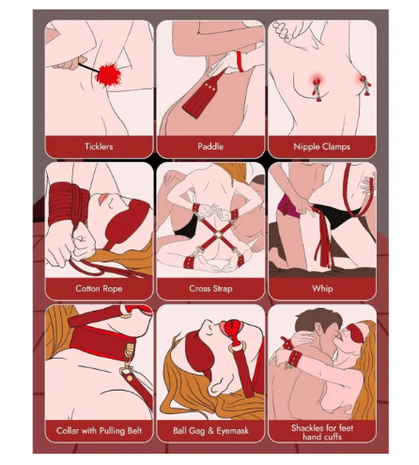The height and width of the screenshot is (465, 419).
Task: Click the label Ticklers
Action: pos(99,147)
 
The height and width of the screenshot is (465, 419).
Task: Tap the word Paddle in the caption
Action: pos(210,147)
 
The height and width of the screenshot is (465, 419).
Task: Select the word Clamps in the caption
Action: pos(335,147)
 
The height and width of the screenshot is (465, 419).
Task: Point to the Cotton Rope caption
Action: pos(99,289)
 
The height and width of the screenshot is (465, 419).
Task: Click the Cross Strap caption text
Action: pos(210,289)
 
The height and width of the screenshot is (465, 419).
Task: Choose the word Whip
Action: pos(322,289)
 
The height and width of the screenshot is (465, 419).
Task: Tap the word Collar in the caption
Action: pos(68,430)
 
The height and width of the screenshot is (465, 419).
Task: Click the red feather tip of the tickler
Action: pos(108,75)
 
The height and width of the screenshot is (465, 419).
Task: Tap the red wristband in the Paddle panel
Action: pos(240,61)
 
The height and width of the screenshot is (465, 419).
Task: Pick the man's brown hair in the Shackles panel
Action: pos(317,319)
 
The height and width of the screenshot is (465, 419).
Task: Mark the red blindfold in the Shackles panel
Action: pos(356,333)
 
